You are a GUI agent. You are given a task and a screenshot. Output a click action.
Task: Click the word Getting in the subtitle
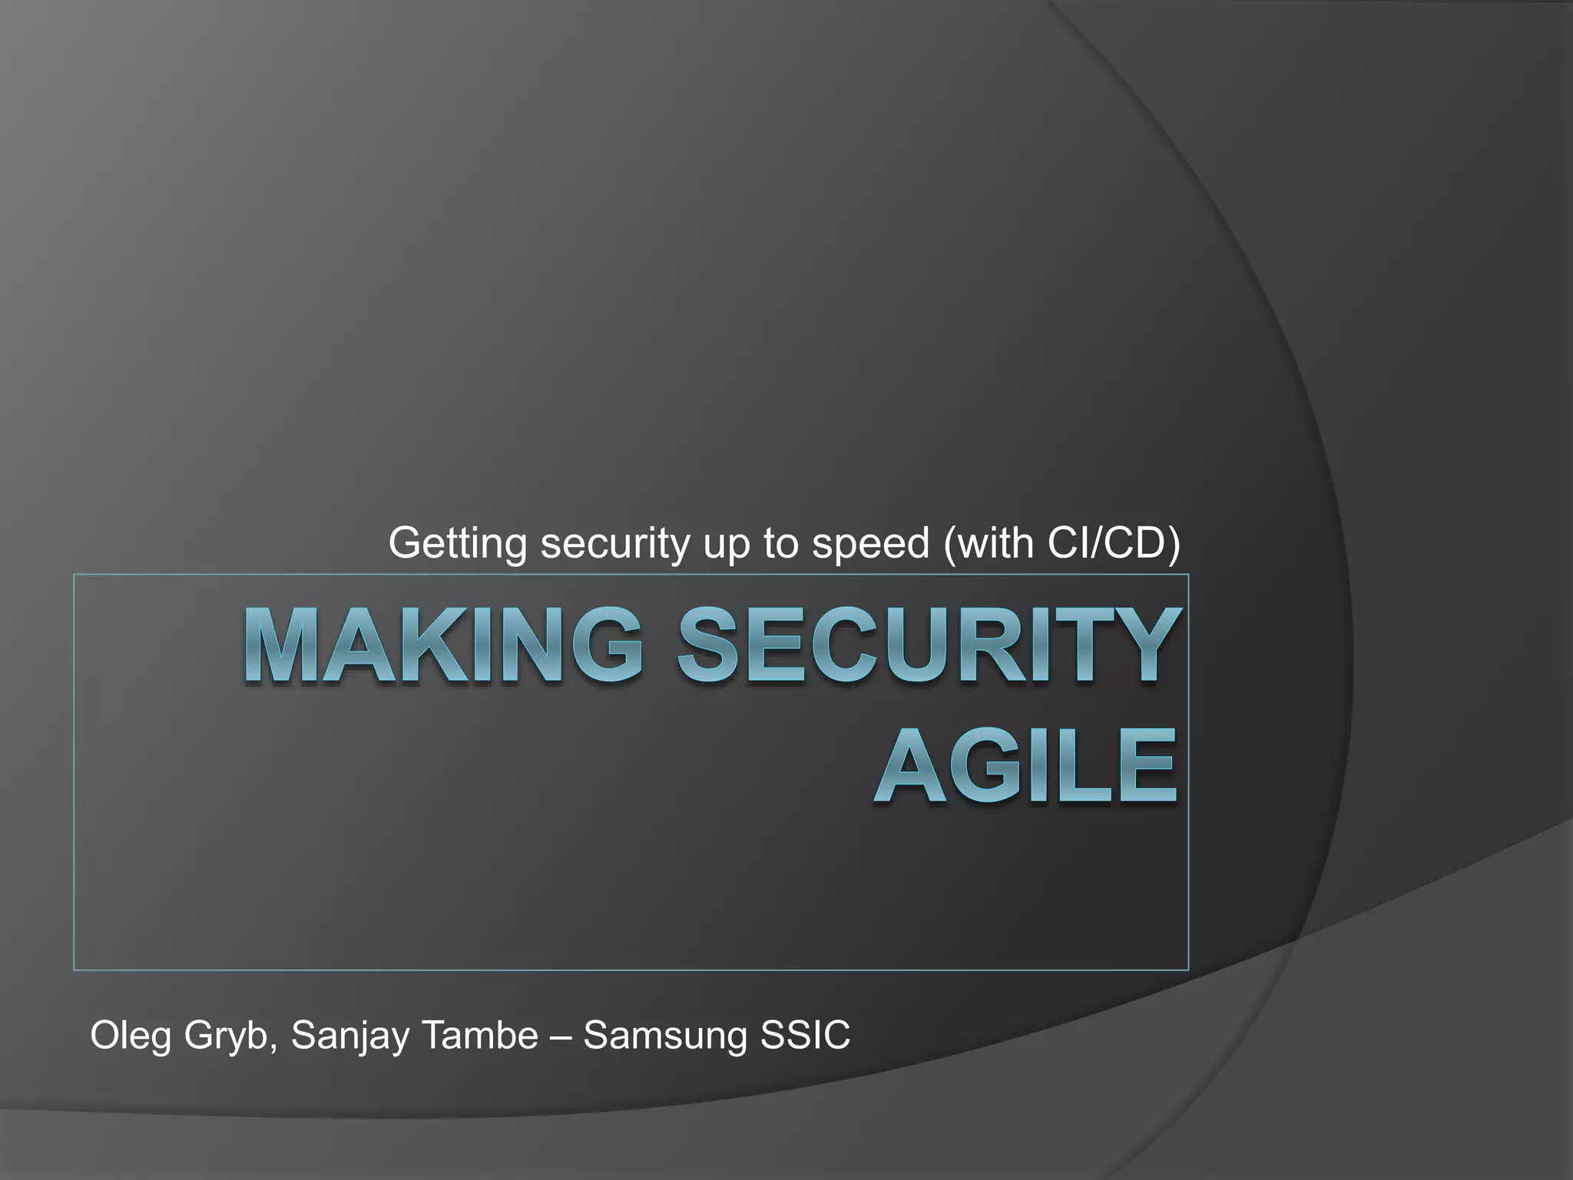(x=457, y=544)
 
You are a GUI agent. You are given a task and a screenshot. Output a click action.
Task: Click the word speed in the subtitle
(x=871, y=544)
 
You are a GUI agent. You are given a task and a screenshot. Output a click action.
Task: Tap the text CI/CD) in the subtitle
(x=1114, y=544)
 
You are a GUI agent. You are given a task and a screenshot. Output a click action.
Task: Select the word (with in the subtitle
(x=989, y=544)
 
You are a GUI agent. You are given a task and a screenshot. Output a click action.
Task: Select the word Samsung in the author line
(x=664, y=1036)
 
